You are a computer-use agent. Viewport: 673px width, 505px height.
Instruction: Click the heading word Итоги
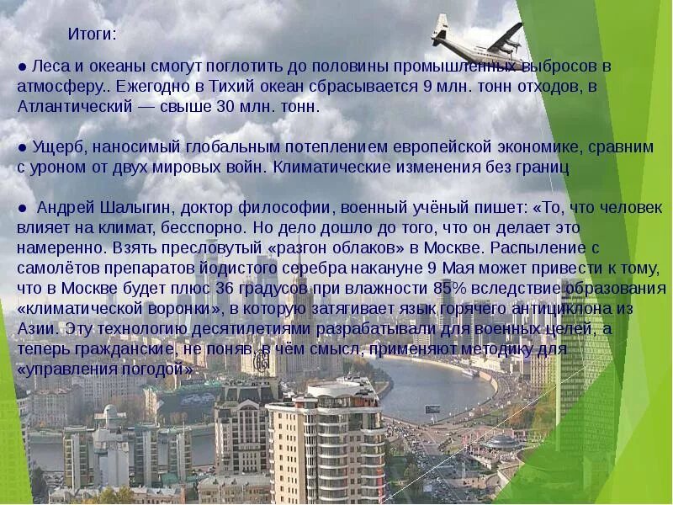[92, 35]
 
